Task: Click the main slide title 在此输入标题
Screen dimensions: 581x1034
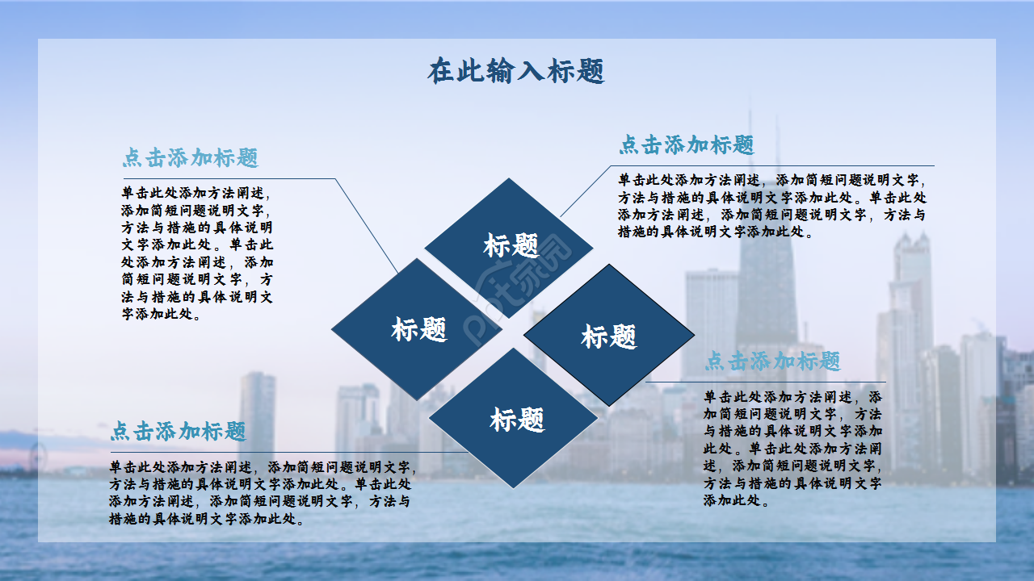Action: point(516,71)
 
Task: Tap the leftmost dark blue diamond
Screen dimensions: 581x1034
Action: point(417,328)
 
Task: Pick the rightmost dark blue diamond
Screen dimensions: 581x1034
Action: point(609,335)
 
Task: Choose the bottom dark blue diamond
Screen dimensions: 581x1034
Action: point(515,418)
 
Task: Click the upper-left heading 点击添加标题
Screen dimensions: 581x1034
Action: point(190,157)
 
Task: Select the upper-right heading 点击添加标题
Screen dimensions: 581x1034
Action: point(686,144)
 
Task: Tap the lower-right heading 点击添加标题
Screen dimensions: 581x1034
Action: point(772,361)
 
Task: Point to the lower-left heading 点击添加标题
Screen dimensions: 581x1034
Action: point(178,431)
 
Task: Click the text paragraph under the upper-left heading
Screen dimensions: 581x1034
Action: point(198,253)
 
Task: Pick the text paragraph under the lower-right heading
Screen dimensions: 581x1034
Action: point(792,448)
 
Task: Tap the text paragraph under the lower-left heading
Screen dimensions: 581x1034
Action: point(263,492)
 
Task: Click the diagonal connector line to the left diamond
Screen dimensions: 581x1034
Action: point(366,225)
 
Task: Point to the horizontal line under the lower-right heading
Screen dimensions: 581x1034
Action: point(767,382)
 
